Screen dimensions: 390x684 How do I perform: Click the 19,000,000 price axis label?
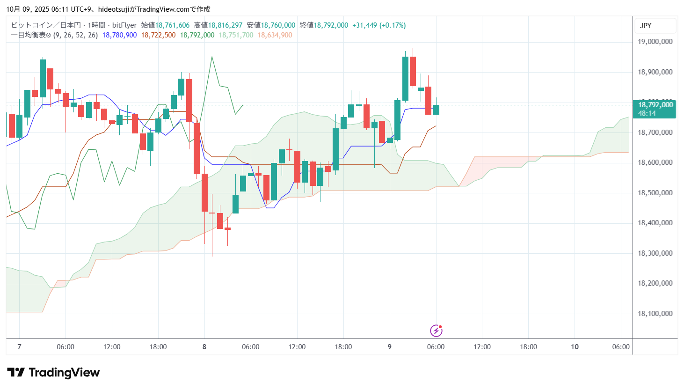coord(655,42)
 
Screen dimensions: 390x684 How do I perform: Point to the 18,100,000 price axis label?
coord(655,314)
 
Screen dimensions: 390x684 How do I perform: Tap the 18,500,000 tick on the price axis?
coord(655,193)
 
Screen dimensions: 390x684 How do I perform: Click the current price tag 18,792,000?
coord(655,105)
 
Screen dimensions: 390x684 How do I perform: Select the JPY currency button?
coord(646,26)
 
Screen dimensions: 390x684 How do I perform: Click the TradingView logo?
coord(53,373)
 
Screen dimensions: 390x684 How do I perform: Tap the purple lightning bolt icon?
coord(436,331)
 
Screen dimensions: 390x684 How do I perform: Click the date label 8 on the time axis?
coord(204,347)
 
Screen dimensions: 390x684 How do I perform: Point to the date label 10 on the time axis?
coord(575,347)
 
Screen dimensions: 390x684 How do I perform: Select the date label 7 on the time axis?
coord(19,347)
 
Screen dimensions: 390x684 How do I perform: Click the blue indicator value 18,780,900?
coord(119,35)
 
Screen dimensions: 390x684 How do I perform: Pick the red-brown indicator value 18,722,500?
coord(158,35)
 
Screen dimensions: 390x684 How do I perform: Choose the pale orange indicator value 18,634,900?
coord(275,35)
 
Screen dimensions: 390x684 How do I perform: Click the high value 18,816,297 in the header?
coord(225,25)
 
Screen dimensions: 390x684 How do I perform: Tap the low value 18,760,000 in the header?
coord(278,25)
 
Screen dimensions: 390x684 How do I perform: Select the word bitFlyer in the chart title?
coord(124,25)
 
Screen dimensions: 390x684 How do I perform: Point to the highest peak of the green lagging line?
coord(212,57)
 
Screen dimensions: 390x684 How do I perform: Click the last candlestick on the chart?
coord(436,110)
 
